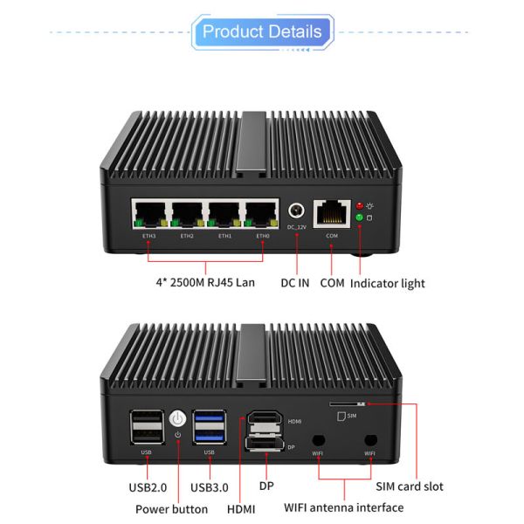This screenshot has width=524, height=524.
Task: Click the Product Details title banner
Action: coord(262,32)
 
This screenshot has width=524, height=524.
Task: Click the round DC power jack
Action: coord(297,211)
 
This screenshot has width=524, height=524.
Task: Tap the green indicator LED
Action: coord(358,217)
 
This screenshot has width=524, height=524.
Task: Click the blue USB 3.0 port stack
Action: coord(208,427)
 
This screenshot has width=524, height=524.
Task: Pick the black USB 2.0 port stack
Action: coord(146,427)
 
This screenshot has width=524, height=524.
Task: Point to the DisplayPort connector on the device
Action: coord(262,447)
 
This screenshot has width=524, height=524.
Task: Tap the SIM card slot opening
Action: coord(348,404)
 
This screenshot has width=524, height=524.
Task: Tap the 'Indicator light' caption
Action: coord(388,283)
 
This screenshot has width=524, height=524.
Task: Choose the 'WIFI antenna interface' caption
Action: coord(344,507)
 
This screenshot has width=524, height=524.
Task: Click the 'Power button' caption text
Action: coord(172,508)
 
